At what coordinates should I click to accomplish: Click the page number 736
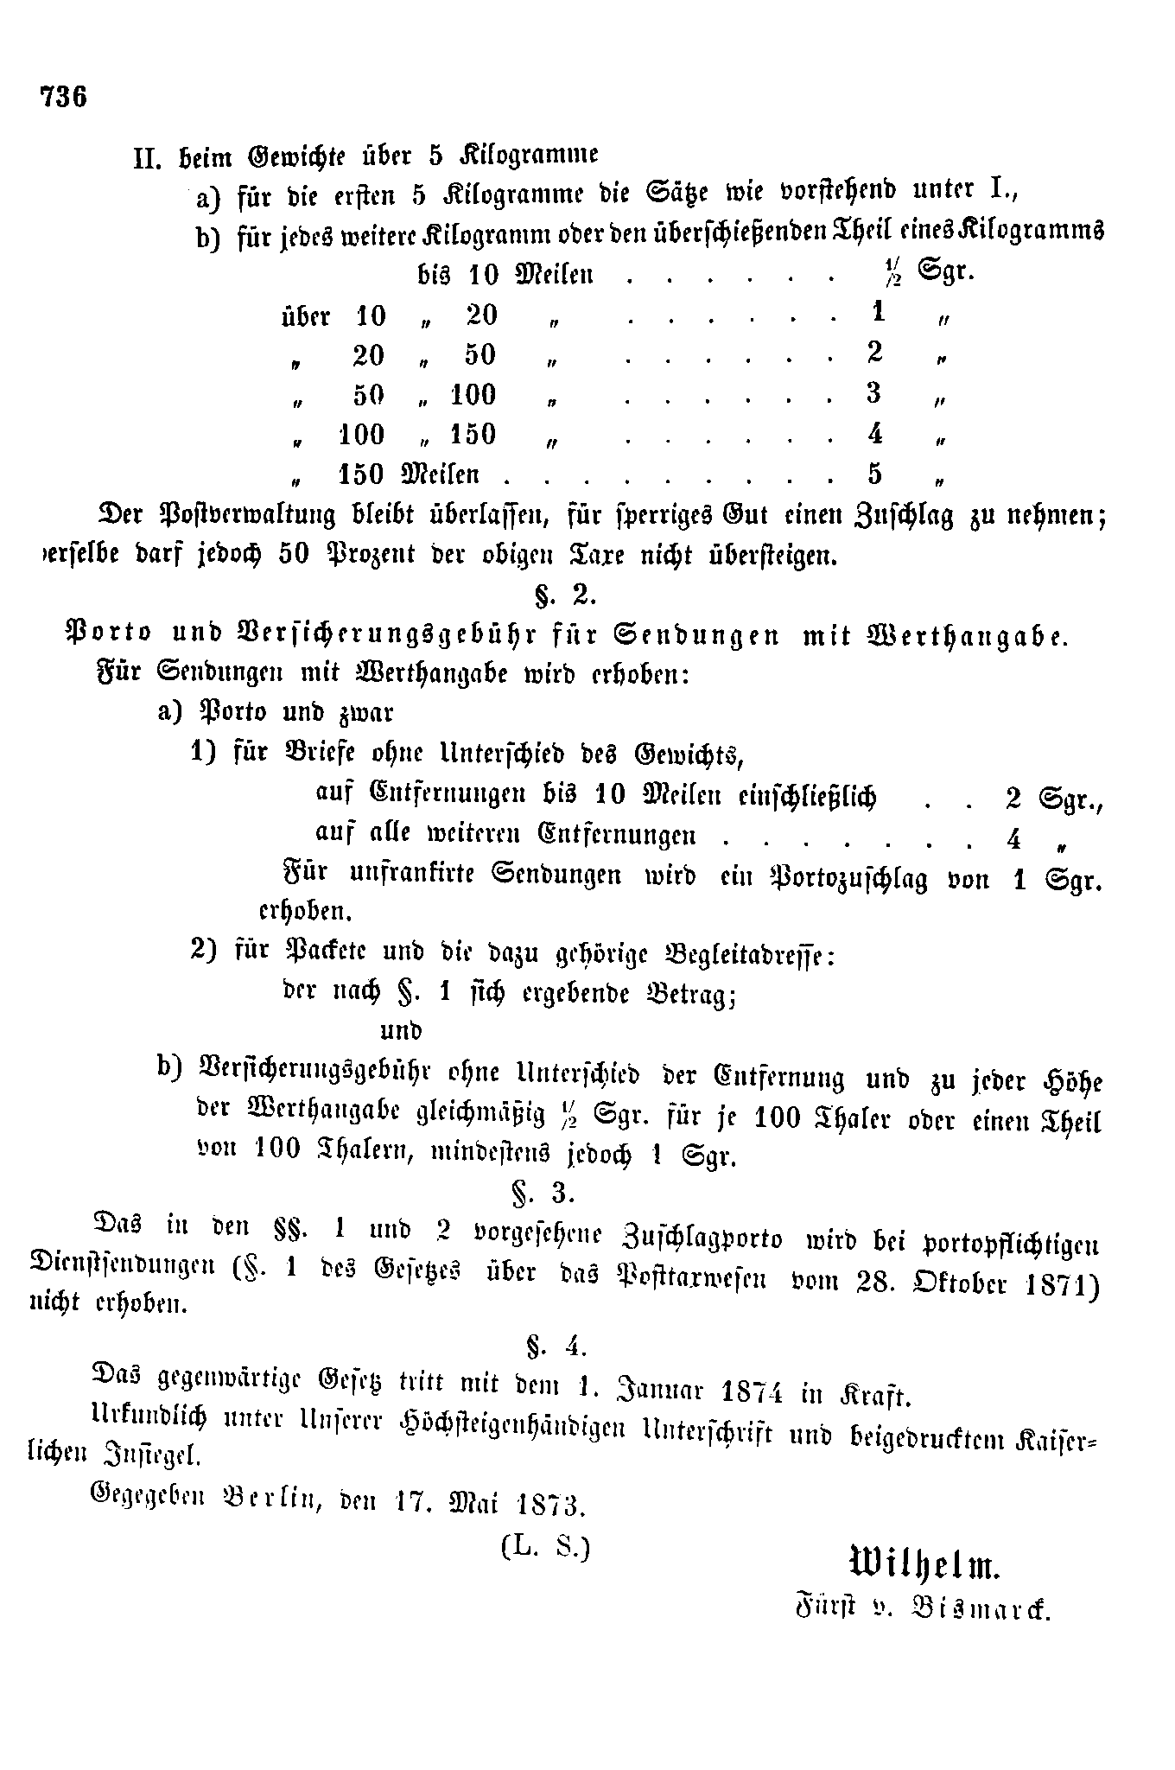pyautogui.click(x=62, y=96)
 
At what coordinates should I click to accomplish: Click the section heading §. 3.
pyautogui.click(x=543, y=1194)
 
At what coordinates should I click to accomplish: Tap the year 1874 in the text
pyautogui.click(x=752, y=1392)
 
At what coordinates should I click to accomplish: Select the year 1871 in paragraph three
pyautogui.click(x=1057, y=1285)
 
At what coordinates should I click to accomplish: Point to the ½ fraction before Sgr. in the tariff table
pyautogui.click(x=886, y=274)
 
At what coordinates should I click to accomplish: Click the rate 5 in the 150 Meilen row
pyautogui.click(x=875, y=474)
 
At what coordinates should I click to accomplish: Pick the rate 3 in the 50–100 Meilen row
pyautogui.click(x=874, y=393)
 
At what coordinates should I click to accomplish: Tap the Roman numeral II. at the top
pyautogui.click(x=150, y=159)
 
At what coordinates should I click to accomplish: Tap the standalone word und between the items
pyautogui.click(x=401, y=1030)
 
